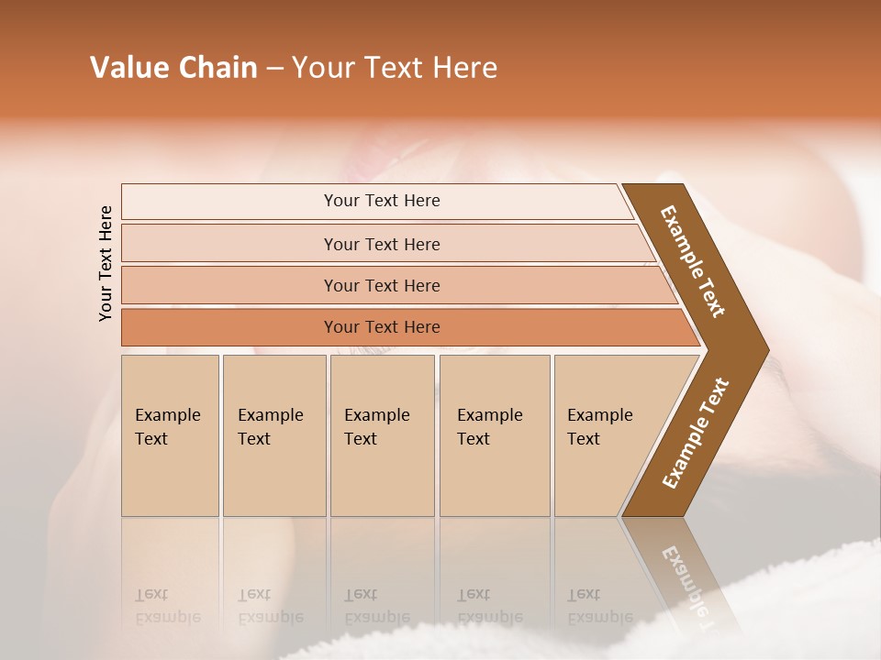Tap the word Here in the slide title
pos(464,68)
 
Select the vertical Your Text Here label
pos(106,263)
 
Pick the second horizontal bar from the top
pos(382,244)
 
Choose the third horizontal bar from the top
pos(382,285)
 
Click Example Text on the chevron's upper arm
pos(694,260)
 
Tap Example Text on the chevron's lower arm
pos(696,434)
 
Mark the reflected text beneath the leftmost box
pos(168,606)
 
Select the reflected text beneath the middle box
pos(377,606)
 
